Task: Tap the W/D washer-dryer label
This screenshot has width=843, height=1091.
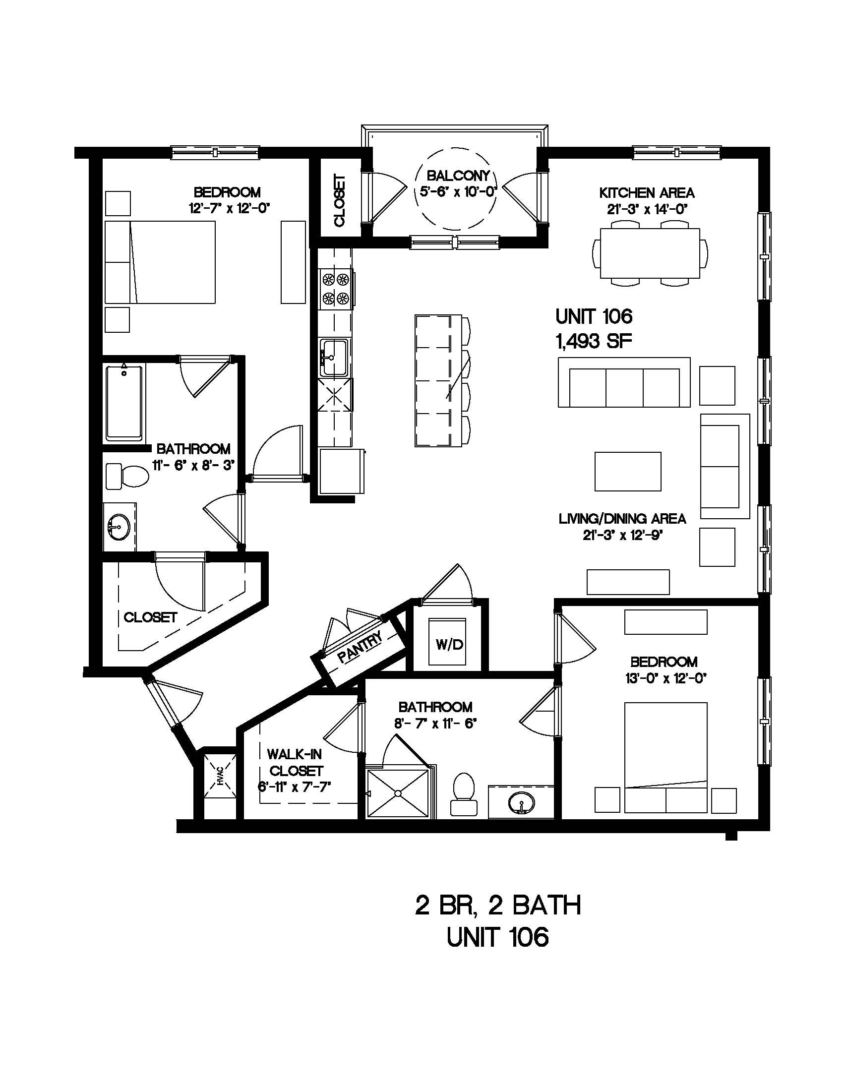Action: click(x=449, y=644)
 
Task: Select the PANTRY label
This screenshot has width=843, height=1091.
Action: click(x=360, y=647)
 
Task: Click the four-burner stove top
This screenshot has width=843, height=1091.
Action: click(x=336, y=288)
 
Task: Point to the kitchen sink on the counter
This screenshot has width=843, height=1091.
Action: click(x=335, y=358)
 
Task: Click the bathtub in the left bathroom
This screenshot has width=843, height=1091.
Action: click(x=124, y=403)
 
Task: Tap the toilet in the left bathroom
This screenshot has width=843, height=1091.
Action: click(x=128, y=476)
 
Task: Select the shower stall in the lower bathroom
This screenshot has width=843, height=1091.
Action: click(x=398, y=793)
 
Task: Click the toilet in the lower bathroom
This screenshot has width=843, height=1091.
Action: click(x=463, y=794)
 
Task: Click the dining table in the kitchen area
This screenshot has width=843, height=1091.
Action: click(x=649, y=253)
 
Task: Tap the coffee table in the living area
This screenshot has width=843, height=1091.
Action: click(x=628, y=472)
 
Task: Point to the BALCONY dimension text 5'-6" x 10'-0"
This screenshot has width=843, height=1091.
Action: click(x=455, y=192)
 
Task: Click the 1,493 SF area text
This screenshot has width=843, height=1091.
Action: click(x=594, y=341)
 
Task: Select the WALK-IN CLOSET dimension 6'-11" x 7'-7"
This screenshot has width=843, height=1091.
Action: click(x=295, y=787)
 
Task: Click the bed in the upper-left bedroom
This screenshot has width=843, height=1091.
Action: click(x=160, y=262)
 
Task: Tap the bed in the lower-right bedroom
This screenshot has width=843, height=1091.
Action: click(x=665, y=757)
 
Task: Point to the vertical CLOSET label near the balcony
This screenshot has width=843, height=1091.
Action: click(x=340, y=200)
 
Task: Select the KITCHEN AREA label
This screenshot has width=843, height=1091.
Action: click(x=647, y=193)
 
